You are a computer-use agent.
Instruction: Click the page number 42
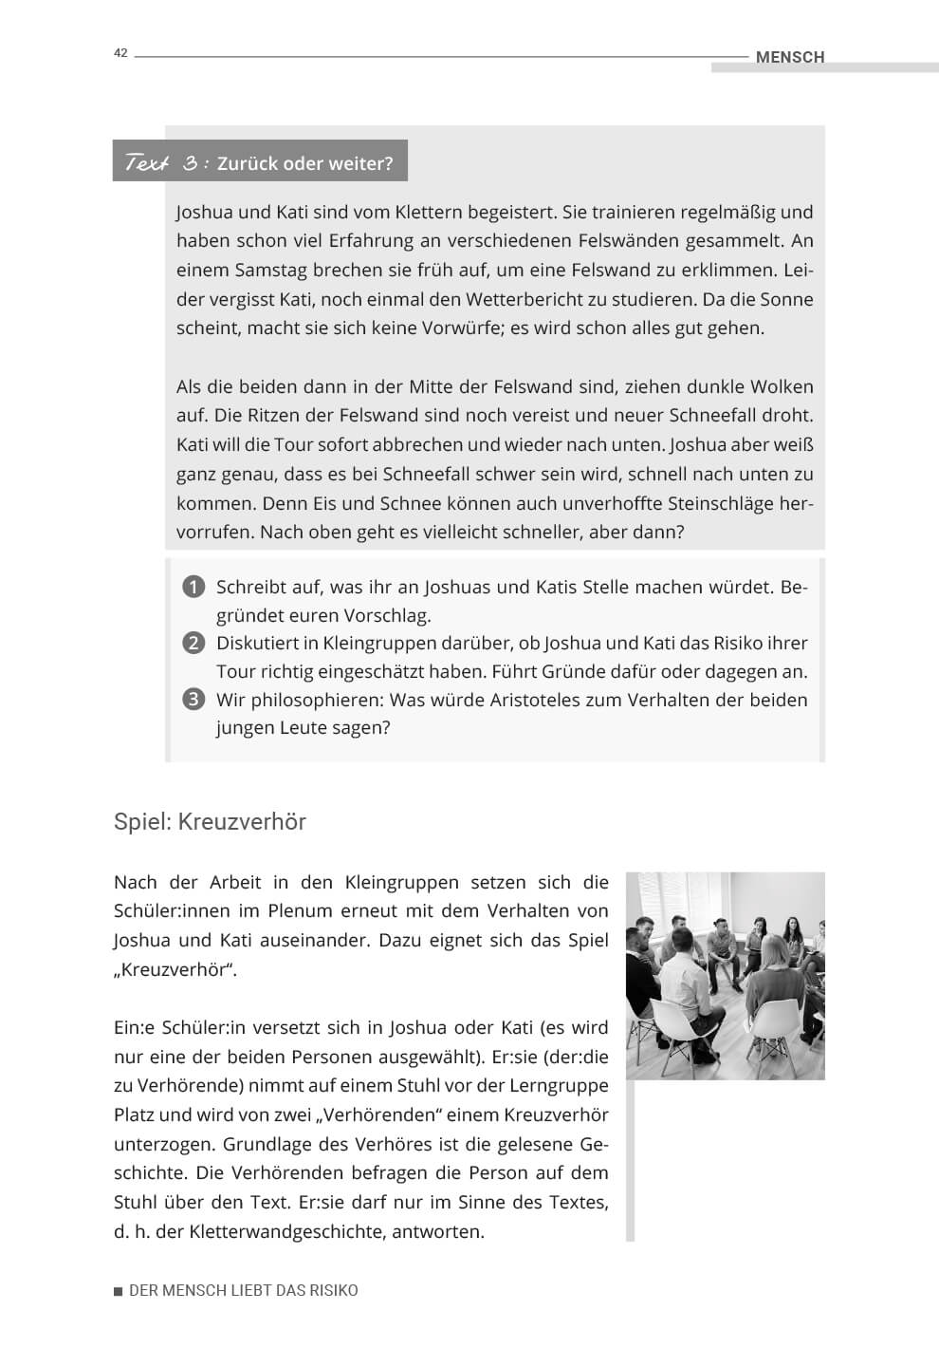tap(120, 53)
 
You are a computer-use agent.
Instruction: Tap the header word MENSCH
tap(789, 57)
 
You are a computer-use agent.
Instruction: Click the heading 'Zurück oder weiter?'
tap(304, 163)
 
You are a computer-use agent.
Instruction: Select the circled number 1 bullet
tap(193, 587)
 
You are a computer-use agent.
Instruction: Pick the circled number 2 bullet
tap(193, 643)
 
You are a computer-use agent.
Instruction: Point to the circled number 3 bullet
tap(193, 700)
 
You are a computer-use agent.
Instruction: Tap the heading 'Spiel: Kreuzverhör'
tap(210, 821)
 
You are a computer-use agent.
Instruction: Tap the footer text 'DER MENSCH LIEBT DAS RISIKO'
tap(243, 1291)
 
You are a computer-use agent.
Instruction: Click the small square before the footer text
tap(119, 1291)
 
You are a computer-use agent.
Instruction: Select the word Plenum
tap(300, 911)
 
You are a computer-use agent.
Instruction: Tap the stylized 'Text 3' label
tap(162, 163)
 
